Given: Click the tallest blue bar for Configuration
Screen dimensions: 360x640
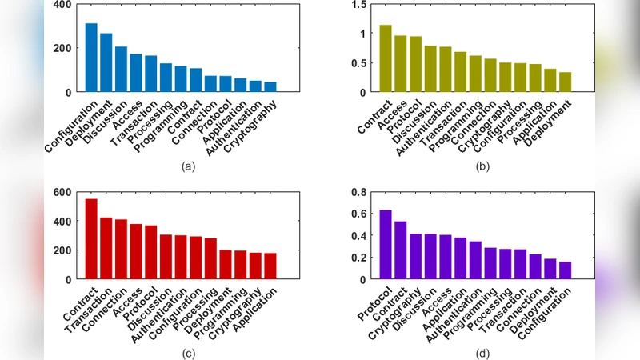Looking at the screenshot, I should tap(91, 58).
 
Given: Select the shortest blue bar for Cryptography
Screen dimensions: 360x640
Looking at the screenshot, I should tap(270, 86).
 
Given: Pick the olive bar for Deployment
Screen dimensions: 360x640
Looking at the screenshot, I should tap(566, 82).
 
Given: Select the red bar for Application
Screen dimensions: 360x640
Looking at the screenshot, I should tap(270, 266).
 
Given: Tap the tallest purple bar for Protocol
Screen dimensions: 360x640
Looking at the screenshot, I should tap(386, 245).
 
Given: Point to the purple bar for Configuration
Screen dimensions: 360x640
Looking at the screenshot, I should tap(566, 270).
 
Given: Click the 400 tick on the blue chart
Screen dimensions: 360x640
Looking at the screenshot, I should tap(61, 5).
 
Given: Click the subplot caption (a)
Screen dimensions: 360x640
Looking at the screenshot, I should tap(189, 166).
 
